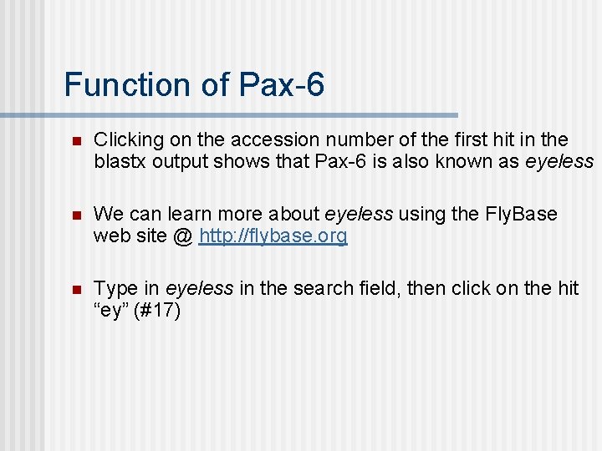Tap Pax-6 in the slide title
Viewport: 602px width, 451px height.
282,85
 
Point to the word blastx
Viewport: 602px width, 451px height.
120,161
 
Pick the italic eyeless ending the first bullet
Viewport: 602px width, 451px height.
559,161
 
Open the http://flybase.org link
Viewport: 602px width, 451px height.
273,236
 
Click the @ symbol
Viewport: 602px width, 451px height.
182,236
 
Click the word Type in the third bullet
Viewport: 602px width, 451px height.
115,289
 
